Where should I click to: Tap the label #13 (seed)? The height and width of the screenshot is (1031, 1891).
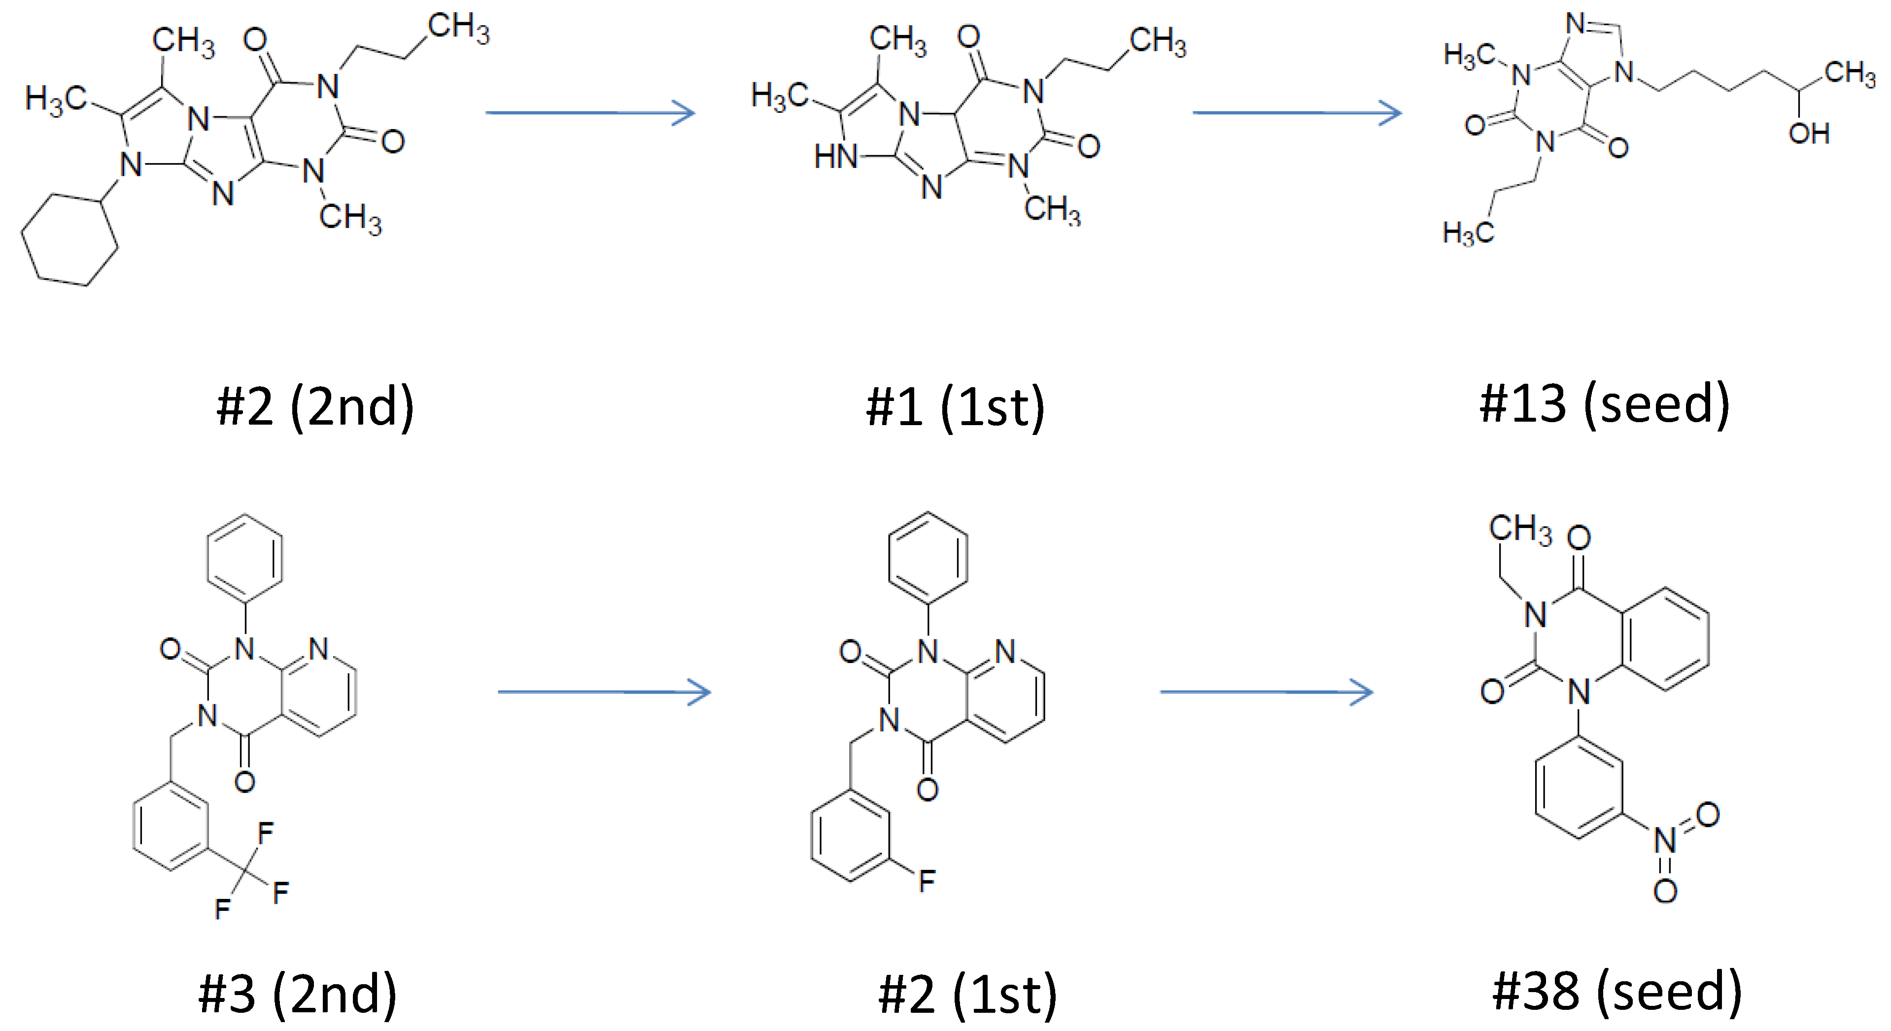[x=1605, y=404]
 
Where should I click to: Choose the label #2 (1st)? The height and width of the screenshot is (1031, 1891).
[x=967, y=995]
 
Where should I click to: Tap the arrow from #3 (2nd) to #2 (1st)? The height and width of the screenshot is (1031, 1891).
[x=603, y=692]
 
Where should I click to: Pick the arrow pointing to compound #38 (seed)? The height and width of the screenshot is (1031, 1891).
[x=1266, y=692]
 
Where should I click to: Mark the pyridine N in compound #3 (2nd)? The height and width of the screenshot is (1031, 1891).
[x=318, y=649]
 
